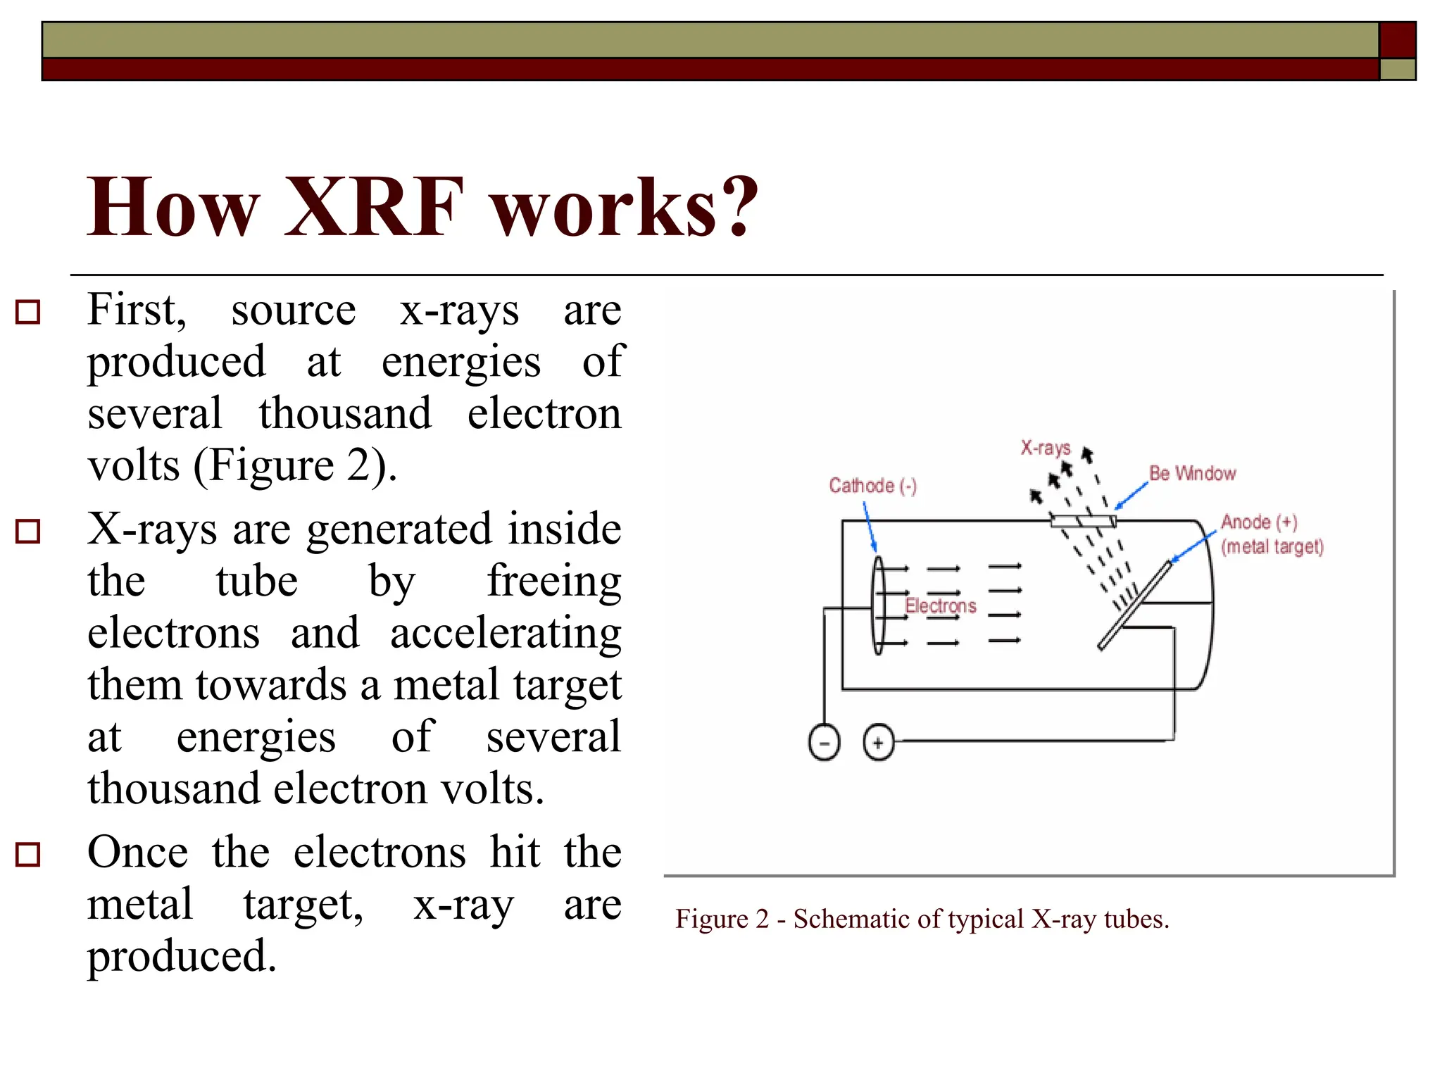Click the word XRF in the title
373,207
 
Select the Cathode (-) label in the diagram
872,486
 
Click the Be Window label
1192,473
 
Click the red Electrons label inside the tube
941,605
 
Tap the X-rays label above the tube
1046,448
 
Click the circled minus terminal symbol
824,743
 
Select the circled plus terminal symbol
878,743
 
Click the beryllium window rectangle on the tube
1083,521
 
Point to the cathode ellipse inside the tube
878,605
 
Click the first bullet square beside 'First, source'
28,311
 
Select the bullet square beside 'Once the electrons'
28,854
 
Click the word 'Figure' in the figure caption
711,919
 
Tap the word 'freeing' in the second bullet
553,582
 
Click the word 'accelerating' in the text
506,633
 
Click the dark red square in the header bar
1397,39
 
